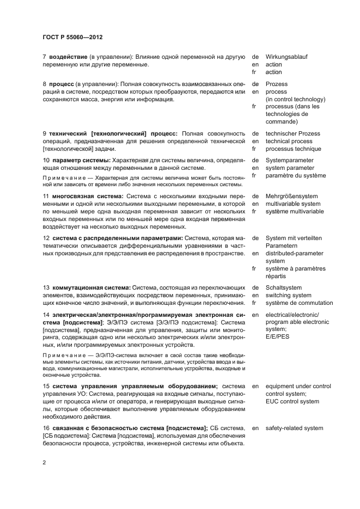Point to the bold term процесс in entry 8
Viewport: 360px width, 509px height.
62,84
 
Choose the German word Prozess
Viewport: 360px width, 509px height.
277,84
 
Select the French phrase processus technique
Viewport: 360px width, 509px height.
293,149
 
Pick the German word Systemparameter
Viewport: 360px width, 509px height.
289,160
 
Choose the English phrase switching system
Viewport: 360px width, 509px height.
289,295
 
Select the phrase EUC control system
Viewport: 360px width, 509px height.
292,402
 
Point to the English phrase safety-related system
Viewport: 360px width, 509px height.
294,428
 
